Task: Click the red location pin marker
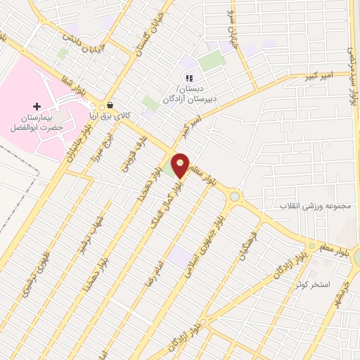(180, 165)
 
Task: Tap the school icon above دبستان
(188, 78)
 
